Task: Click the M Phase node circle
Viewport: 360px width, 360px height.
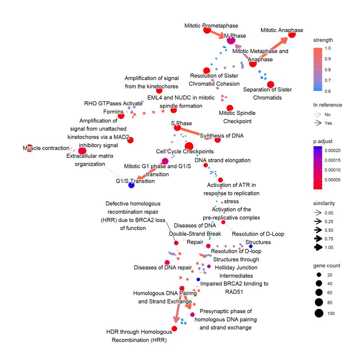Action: coord(231,40)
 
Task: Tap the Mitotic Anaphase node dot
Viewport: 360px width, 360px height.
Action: coord(292,34)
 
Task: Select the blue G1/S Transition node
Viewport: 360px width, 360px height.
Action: coord(131,184)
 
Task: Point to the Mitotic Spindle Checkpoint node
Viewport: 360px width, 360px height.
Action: coord(230,108)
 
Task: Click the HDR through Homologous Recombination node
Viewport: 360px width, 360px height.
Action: coord(174,328)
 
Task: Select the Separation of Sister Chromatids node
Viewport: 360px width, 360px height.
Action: coord(270,85)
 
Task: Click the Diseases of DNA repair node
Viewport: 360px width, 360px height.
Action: coord(167,262)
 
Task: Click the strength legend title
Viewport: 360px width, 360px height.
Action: coord(324,40)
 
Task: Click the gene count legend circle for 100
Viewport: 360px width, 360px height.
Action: coord(319,314)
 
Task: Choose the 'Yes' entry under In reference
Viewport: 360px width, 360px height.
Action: coord(328,122)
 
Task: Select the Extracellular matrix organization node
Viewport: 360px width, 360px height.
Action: coord(82,151)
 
